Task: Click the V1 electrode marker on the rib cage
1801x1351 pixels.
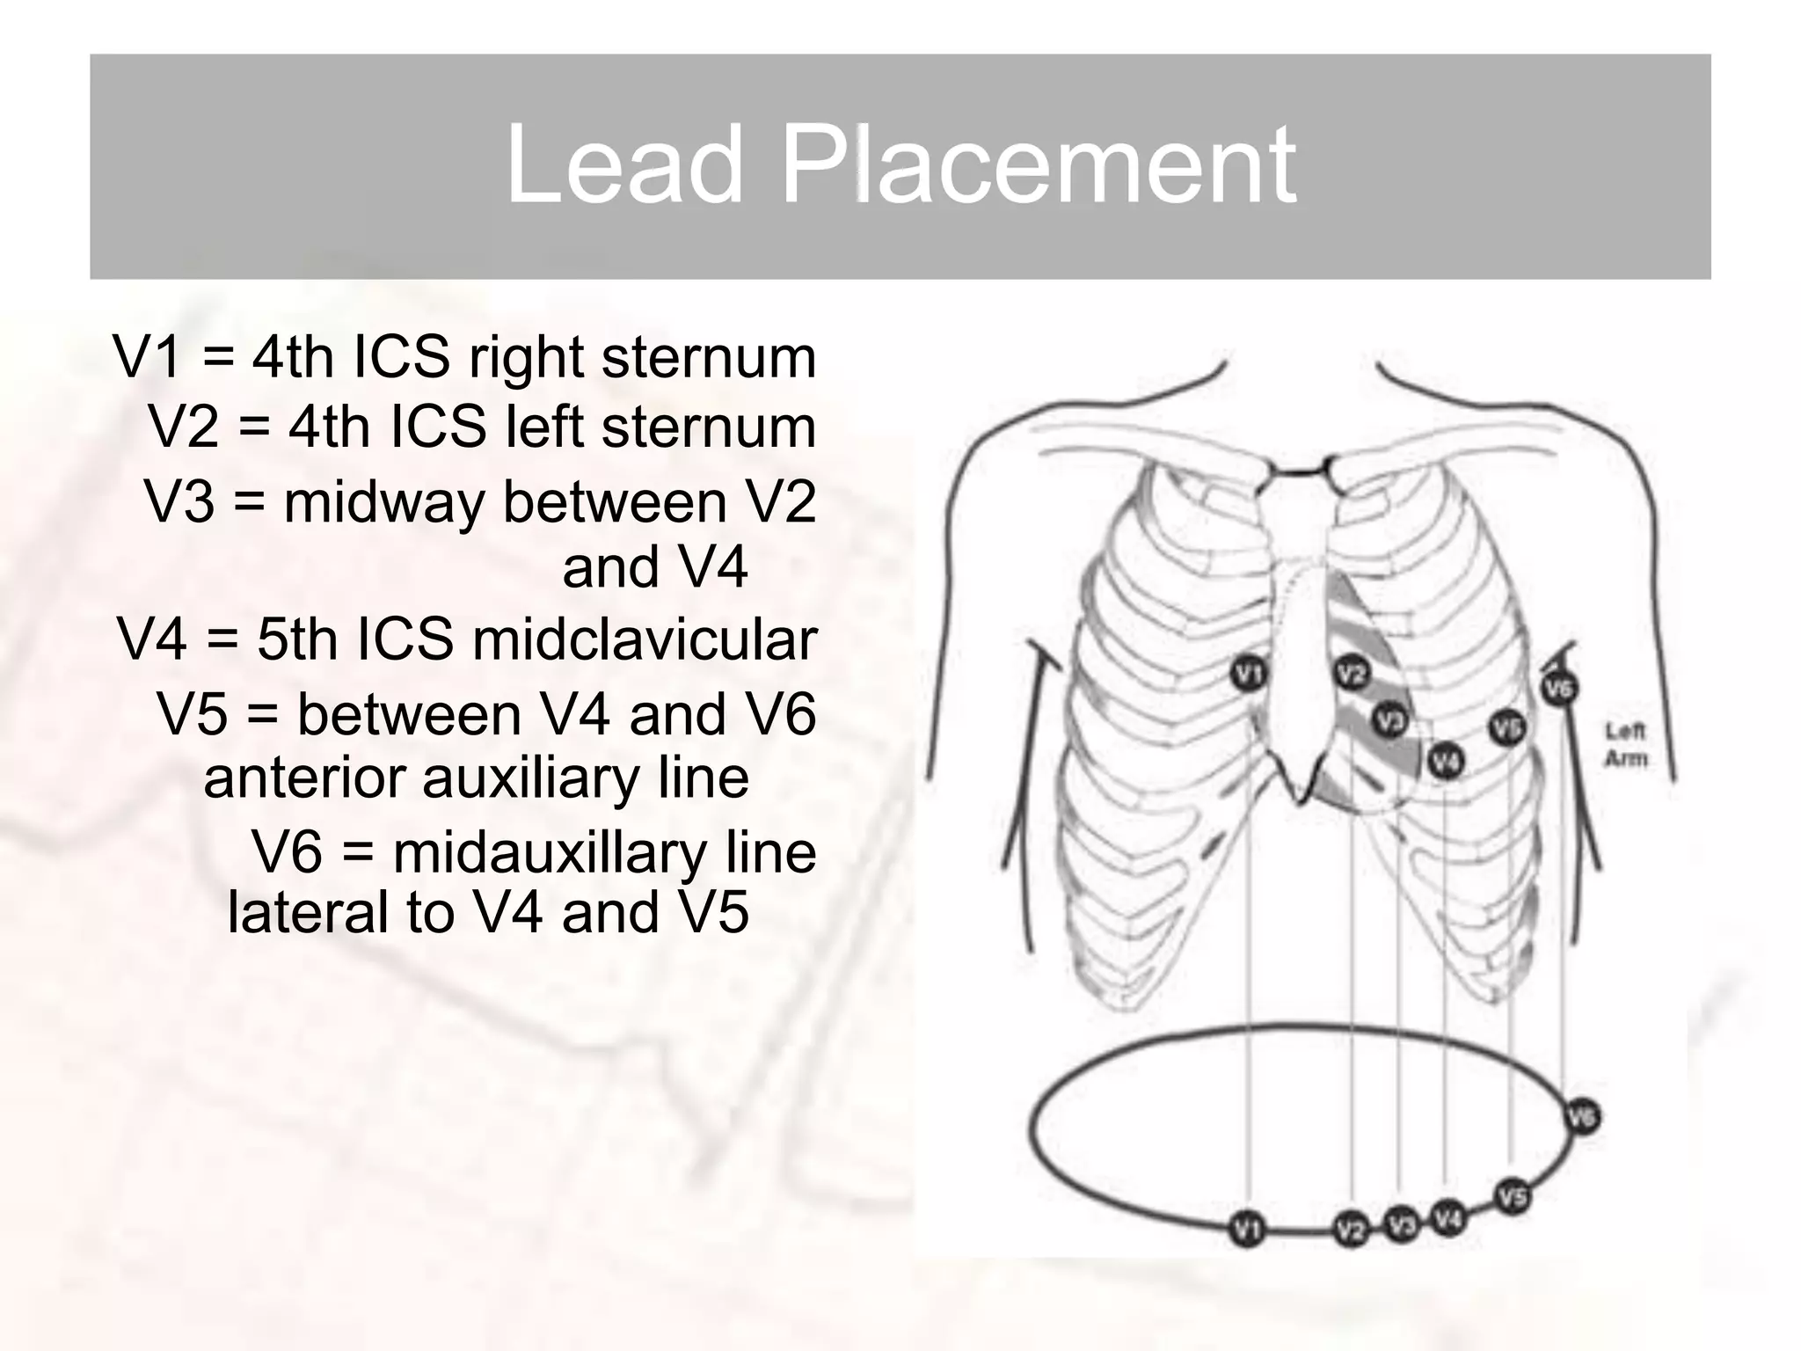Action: pyautogui.click(x=1246, y=674)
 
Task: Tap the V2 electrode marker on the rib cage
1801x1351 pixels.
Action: pyautogui.click(x=1352, y=674)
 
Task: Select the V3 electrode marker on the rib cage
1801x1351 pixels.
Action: pyautogui.click(x=1389, y=721)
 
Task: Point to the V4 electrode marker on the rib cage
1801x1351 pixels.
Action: pyautogui.click(x=1445, y=762)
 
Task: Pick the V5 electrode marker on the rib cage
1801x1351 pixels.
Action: pyautogui.click(x=1506, y=727)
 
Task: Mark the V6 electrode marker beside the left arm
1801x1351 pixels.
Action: pyautogui.click(x=1558, y=687)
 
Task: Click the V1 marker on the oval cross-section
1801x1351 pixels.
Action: pyautogui.click(x=1246, y=1228)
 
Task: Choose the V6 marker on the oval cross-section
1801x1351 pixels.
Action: pyautogui.click(x=1583, y=1118)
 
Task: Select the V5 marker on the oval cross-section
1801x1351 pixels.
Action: pyautogui.click(x=1512, y=1197)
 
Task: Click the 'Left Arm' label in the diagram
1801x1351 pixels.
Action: pyautogui.click(x=1625, y=744)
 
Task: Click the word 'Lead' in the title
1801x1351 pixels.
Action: pyautogui.click(x=623, y=165)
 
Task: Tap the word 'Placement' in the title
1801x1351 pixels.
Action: pyautogui.click(x=1039, y=165)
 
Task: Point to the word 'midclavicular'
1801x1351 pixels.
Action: pyautogui.click(x=645, y=639)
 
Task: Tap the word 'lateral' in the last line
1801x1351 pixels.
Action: pyautogui.click(x=308, y=912)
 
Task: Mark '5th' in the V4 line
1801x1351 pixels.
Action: pyautogui.click(x=301, y=639)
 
